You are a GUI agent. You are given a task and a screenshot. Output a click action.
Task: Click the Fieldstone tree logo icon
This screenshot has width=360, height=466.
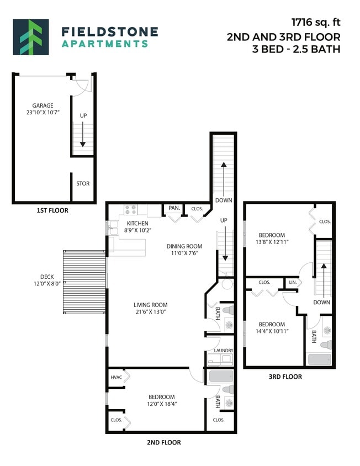coord(31,37)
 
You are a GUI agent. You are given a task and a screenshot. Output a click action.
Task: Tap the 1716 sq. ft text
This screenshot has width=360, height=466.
coord(316,23)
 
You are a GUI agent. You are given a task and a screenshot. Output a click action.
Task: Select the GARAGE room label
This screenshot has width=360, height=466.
coord(43,105)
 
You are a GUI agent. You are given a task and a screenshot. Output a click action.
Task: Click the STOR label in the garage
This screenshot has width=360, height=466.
coord(82,183)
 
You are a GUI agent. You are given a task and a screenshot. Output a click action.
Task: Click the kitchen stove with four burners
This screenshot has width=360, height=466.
coord(130,209)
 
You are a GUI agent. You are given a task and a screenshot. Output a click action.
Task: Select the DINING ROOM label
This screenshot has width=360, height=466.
coord(184,246)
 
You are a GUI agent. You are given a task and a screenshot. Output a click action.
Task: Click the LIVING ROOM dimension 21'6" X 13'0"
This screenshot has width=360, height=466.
coord(150,312)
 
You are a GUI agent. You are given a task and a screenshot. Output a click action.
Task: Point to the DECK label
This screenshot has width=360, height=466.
coord(47,277)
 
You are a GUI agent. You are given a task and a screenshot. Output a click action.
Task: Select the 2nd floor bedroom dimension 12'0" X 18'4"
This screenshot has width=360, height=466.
coord(161,404)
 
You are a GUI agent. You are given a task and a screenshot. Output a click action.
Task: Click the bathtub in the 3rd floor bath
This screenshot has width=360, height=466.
coord(320,359)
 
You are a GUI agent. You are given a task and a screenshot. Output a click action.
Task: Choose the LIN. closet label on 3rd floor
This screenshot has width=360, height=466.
coord(293,282)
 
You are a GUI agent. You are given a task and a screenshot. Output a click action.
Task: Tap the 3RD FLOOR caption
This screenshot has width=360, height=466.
coord(285,377)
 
